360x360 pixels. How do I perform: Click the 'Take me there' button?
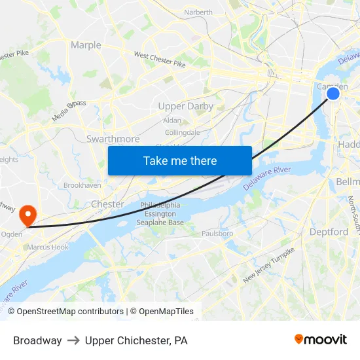click(x=179, y=160)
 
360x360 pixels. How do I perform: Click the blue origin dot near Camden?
click(x=333, y=94)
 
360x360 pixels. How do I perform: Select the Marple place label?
click(x=86, y=45)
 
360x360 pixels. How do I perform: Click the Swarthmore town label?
click(x=113, y=139)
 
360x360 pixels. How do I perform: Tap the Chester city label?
click(x=107, y=204)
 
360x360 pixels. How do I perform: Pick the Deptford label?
click(x=329, y=232)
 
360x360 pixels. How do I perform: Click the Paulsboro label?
click(x=217, y=233)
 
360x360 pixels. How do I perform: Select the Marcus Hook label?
click(x=47, y=247)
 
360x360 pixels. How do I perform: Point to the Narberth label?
click(x=198, y=12)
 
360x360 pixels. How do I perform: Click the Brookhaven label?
click(x=82, y=185)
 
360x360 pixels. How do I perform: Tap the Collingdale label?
click(x=183, y=132)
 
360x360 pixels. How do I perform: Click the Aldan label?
click(x=172, y=120)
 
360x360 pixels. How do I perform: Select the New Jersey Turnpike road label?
click(x=268, y=264)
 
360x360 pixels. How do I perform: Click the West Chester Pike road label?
click(x=160, y=60)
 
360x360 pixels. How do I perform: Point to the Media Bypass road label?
click(x=69, y=111)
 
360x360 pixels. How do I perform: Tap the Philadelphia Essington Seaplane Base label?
click(x=160, y=214)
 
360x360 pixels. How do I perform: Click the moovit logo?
click(x=320, y=340)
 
